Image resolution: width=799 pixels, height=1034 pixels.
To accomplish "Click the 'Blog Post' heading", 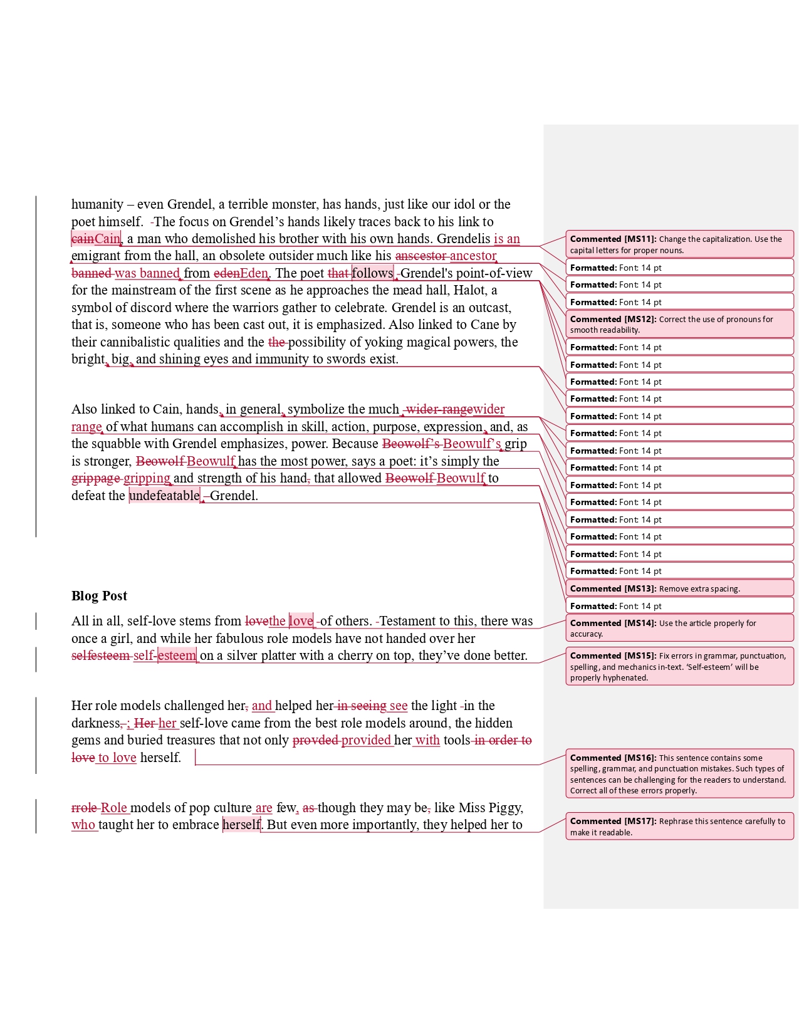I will [x=99, y=596].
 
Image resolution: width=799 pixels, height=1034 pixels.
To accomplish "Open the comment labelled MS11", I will [x=679, y=244].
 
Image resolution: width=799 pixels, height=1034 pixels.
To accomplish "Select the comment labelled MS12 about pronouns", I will [x=679, y=325].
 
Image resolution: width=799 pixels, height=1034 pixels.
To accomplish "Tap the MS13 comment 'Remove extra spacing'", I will [x=679, y=589].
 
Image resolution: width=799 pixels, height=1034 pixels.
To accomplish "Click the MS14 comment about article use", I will [x=679, y=629].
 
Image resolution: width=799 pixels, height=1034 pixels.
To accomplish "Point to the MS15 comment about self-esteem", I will [x=679, y=667].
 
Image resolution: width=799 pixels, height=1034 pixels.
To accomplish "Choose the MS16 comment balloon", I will [x=679, y=774].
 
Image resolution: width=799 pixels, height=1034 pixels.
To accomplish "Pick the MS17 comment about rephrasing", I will [x=679, y=827].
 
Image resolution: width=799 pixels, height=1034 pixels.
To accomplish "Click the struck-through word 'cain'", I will [x=83, y=239].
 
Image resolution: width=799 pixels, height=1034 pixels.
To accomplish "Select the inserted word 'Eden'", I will [x=254, y=273].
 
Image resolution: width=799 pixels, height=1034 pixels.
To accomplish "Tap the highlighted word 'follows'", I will [x=372, y=273].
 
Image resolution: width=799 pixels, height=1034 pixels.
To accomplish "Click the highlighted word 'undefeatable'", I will [x=164, y=496].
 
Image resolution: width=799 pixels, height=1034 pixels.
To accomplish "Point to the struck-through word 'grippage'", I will [x=96, y=478].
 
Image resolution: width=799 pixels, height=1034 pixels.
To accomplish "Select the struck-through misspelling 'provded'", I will [x=315, y=740].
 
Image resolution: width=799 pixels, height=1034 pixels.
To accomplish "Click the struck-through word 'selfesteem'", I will [x=100, y=655].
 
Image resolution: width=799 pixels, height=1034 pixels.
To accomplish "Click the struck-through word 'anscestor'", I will [x=420, y=256].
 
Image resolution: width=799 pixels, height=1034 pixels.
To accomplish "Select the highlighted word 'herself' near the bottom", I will [x=241, y=825].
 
